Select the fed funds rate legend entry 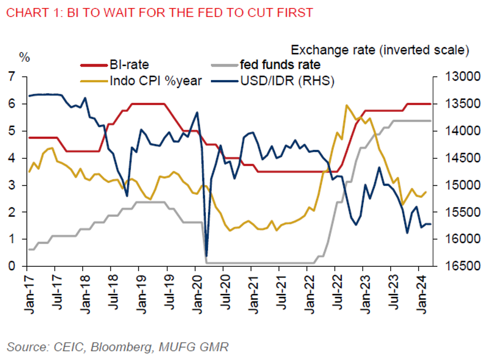pyautogui.click(x=280, y=64)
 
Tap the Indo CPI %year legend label pyautogui.click(x=156, y=80)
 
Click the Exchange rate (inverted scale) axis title pyautogui.click(x=380, y=49)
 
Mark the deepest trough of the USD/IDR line pyautogui.click(x=207, y=256)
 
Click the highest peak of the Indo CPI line pyautogui.click(x=346, y=105)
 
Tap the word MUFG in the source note pyautogui.click(x=172, y=347)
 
